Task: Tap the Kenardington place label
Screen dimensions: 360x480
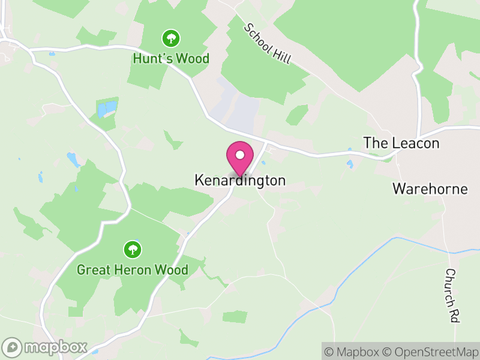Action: click(x=240, y=180)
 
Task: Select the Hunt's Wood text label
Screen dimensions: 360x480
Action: click(x=171, y=58)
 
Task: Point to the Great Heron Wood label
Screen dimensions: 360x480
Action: click(x=132, y=270)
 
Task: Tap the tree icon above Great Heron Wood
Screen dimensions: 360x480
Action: click(x=132, y=249)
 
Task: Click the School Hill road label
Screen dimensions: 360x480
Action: click(x=267, y=44)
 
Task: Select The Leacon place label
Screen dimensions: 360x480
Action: click(x=401, y=143)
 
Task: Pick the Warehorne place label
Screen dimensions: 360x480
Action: click(x=430, y=189)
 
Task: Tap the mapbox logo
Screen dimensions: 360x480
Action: click(x=45, y=347)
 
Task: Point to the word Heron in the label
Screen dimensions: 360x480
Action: click(x=136, y=270)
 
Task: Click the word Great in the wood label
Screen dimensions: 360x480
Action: click(x=94, y=270)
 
